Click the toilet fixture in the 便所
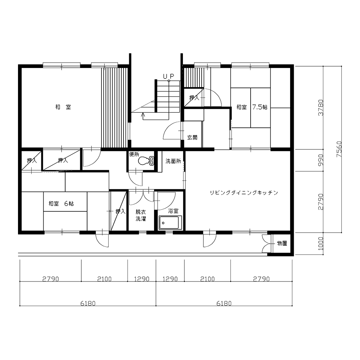(146, 161)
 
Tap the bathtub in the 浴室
(170, 222)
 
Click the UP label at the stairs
(169, 76)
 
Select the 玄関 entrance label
(192, 138)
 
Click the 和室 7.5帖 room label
(252, 107)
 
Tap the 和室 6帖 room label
(61, 203)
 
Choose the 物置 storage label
(282, 243)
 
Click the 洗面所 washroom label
(174, 161)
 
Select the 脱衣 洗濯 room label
(141, 215)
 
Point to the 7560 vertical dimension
(339, 149)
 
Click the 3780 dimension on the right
(321, 108)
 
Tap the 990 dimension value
(321, 160)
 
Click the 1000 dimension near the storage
(321, 244)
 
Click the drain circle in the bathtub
(163, 223)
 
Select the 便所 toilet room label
(134, 154)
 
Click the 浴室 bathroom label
(174, 211)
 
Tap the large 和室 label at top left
(63, 107)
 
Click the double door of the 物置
(266, 243)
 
